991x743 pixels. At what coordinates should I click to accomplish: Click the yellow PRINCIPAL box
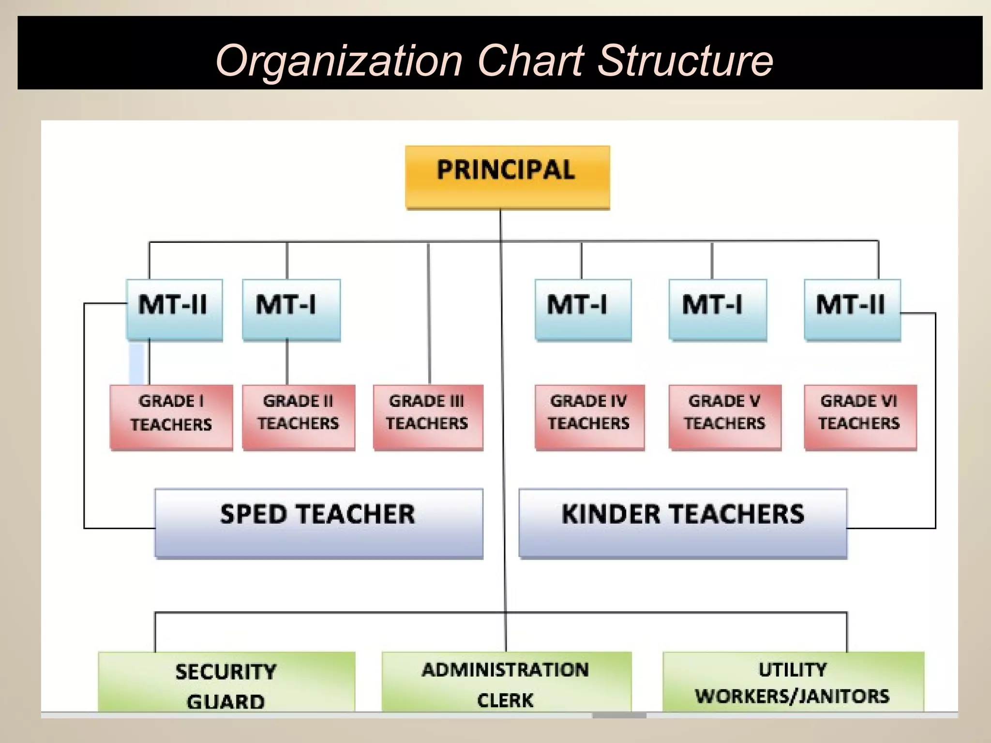pos(507,177)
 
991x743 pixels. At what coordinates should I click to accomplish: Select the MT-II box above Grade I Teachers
pos(174,310)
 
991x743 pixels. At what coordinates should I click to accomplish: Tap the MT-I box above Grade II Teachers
pos(291,310)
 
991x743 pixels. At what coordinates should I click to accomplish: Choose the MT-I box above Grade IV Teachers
pos(583,310)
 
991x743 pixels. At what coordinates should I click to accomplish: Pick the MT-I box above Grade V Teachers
pos(718,310)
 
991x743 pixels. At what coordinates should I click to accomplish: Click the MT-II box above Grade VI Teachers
pos(852,310)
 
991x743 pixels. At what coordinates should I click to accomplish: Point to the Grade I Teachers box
pos(171,417)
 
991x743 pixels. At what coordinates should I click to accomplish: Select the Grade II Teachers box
pos(299,417)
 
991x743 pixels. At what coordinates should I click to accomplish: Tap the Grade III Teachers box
pos(428,417)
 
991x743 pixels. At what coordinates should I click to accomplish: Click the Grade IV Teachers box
pos(589,417)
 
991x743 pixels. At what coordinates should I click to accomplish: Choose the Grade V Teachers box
pos(725,417)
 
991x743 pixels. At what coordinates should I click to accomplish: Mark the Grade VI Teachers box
pos(860,417)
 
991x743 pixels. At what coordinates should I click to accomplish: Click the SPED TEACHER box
pos(318,523)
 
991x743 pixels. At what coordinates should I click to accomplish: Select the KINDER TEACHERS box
pos(683,523)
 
